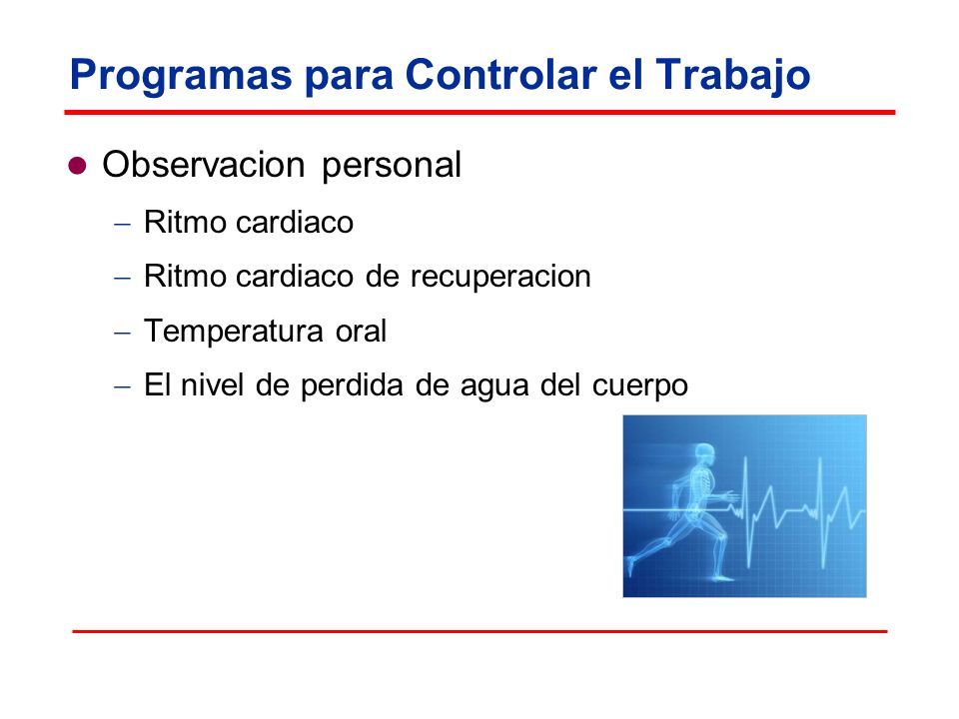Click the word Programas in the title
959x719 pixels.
181,76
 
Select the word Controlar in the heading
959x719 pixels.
500,75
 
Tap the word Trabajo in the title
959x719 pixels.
732,76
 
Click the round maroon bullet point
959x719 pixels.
77,166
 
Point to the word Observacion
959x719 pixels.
204,165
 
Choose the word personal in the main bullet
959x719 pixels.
392,167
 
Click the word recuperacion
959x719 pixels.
500,277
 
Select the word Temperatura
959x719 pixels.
233,331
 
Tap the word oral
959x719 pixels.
361,331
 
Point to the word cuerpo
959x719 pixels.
639,387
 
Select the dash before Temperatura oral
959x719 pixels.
122,334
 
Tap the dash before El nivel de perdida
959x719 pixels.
122,387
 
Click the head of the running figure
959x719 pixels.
704,453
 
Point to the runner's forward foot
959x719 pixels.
725,577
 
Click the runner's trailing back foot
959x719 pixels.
630,566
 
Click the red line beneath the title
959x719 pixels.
479,113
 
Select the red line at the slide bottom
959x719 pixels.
479,631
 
